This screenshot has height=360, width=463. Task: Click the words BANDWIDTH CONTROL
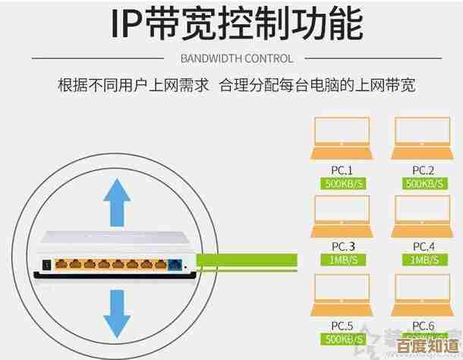[237, 58]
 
